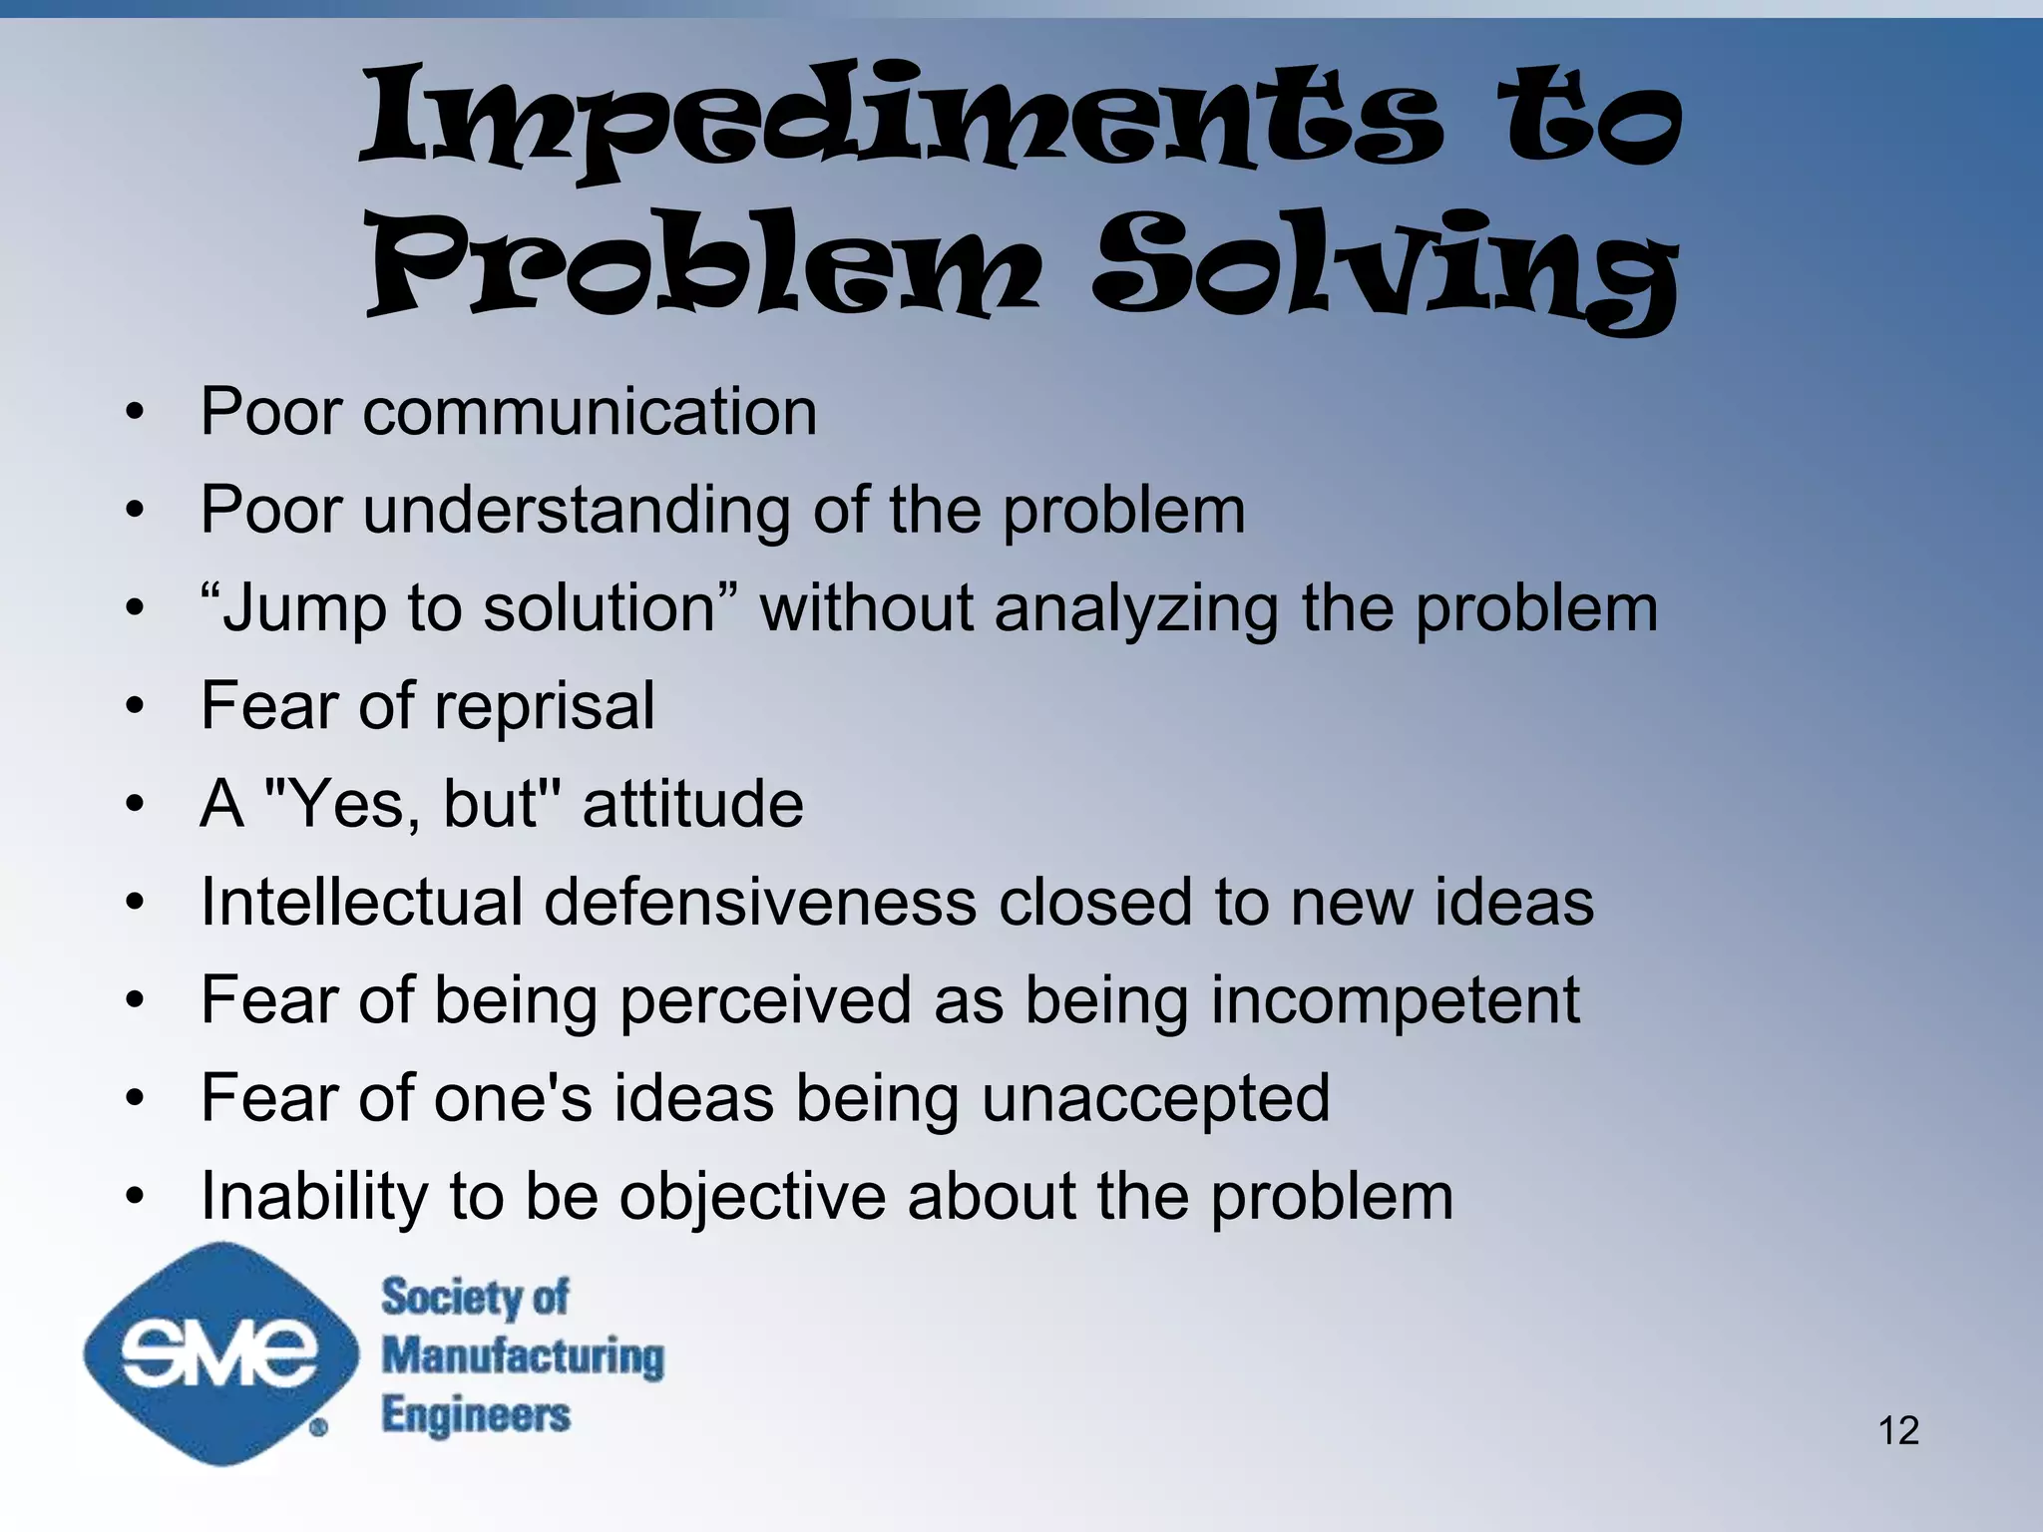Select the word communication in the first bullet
[590, 412]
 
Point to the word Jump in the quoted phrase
[304, 608]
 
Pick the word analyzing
[1136, 608]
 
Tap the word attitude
[692, 804]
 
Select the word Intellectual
[362, 902]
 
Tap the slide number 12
[1898, 1430]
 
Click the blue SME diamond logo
[220, 1353]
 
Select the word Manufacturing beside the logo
[523, 1356]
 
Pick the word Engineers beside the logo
[476, 1415]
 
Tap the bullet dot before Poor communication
[136, 413]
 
